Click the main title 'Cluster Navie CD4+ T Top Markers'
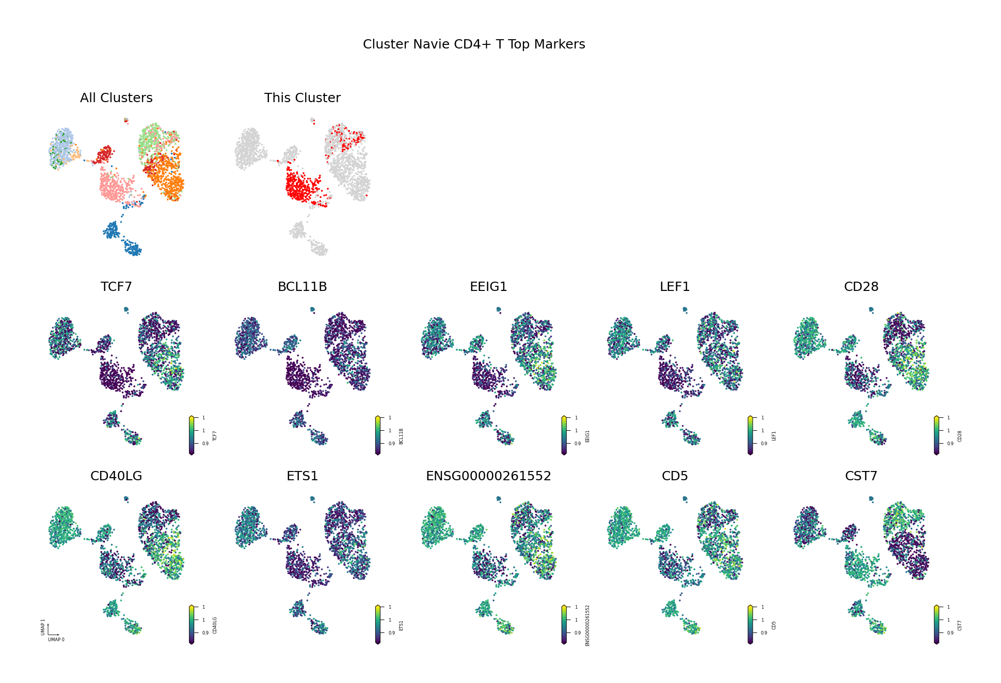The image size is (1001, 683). [474, 44]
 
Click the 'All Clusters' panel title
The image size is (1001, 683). [116, 98]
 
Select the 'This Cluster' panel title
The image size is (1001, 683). [302, 98]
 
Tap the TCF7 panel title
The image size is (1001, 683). [116, 287]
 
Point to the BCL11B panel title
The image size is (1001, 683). [302, 287]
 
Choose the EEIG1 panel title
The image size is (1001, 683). [488, 287]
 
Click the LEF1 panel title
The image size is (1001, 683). [675, 287]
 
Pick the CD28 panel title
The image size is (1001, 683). [861, 287]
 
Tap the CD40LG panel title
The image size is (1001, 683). [116, 476]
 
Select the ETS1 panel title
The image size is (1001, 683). [302, 476]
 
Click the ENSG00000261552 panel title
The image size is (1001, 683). [488, 476]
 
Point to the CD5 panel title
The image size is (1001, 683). [675, 476]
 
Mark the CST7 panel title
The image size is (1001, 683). [861, 476]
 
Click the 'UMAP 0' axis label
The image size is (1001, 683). [56, 640]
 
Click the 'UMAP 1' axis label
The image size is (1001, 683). [43, 627]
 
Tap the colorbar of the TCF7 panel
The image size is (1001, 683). [192, 435]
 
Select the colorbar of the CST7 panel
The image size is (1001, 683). [936, 625]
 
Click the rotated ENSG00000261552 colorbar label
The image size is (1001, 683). [587, 625]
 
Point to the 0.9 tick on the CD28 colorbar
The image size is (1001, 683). [950, 444]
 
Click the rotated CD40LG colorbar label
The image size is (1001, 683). [215, 625]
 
